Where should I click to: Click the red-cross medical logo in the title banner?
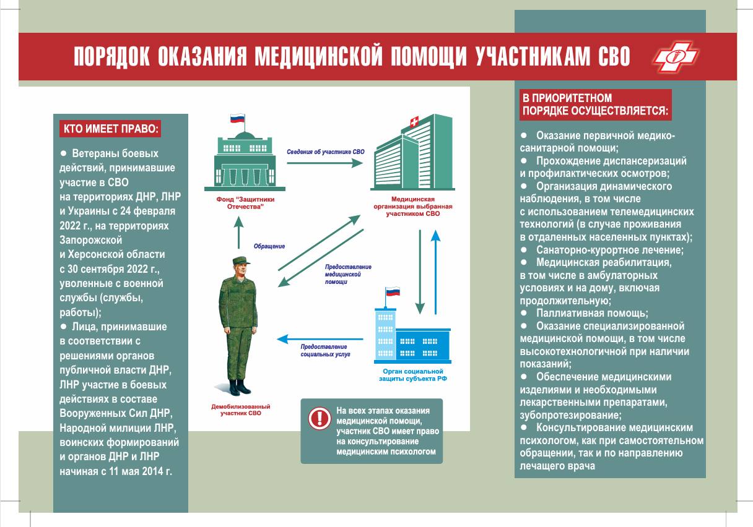coord(676,56)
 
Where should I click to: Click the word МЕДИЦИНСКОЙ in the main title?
coord(318,56)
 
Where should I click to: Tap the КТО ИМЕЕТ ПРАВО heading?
coord(110,129)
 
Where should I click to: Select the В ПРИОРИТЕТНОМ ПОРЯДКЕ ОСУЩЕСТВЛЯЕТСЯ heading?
coord(595,105)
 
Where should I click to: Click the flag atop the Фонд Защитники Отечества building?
coord(237,118)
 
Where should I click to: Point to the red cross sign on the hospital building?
coord(414,121)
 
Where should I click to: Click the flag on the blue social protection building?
coord(393,291)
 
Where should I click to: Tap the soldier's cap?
coord(241,260)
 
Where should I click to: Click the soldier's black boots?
coord(240,387)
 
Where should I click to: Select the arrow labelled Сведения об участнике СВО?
coord(324,163)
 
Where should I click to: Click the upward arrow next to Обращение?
coord(238,233)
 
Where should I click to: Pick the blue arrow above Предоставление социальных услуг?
coord(320,339)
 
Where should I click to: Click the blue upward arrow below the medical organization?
coord(436,272)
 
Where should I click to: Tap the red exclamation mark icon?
coord(320,419)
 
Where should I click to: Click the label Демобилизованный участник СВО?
coord(241,409)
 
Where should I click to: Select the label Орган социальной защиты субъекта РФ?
coord(413,375)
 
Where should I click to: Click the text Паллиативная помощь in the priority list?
coord(591,313)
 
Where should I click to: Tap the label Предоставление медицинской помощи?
coord(348,274)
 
